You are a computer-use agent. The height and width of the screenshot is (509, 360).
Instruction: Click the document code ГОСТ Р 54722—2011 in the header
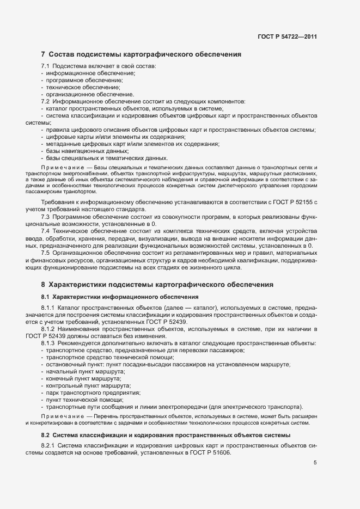[287, 37]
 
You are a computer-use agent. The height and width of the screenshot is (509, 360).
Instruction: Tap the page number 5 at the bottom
[315, 463]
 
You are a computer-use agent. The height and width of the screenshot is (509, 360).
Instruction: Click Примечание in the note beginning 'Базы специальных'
[59, 167]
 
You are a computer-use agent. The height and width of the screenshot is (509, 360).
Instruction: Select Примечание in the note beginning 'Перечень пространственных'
[59, 416]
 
